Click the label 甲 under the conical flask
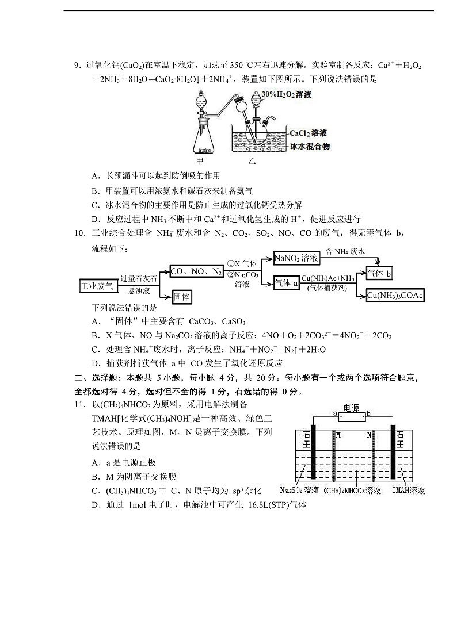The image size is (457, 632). click(200, 161)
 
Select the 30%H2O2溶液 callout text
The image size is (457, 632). click(286, 94)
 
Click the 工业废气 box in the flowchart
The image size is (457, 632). click(97, 285)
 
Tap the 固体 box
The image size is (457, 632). click(182, 297)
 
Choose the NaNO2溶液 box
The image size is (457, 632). click(296, 259)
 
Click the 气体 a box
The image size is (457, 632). click(286, 282)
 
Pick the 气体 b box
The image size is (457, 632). click(379, 274)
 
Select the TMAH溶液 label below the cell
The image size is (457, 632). click(409, 491)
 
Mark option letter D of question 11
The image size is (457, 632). click(96, 505)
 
